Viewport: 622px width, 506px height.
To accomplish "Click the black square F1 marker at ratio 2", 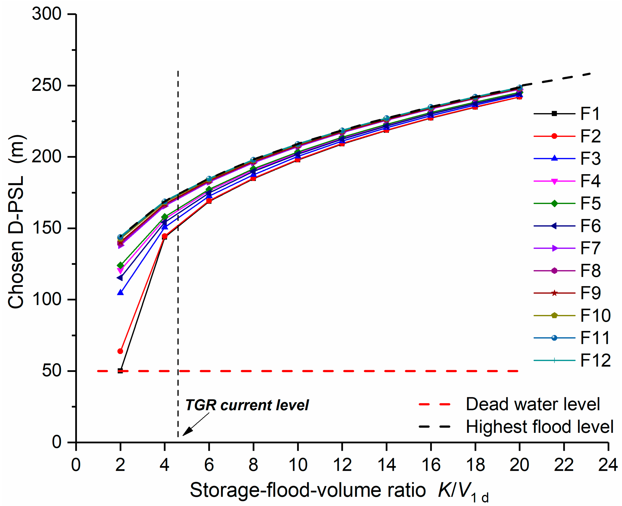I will [x=120, y=371].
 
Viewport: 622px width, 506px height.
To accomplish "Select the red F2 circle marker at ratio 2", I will [x=120, y=351].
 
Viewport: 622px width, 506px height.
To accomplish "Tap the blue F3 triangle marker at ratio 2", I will [x=120, y=292].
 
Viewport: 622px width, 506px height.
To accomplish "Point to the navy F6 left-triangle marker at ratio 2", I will [x=120, y=278].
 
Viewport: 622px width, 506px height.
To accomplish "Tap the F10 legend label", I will [x=595, y=315].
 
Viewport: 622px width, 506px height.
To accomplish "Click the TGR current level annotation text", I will [x=247, y=405].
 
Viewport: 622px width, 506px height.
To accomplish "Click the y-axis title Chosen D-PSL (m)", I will [x=16, y=221].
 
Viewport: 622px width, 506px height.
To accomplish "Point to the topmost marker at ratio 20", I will [x=519, y=87].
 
